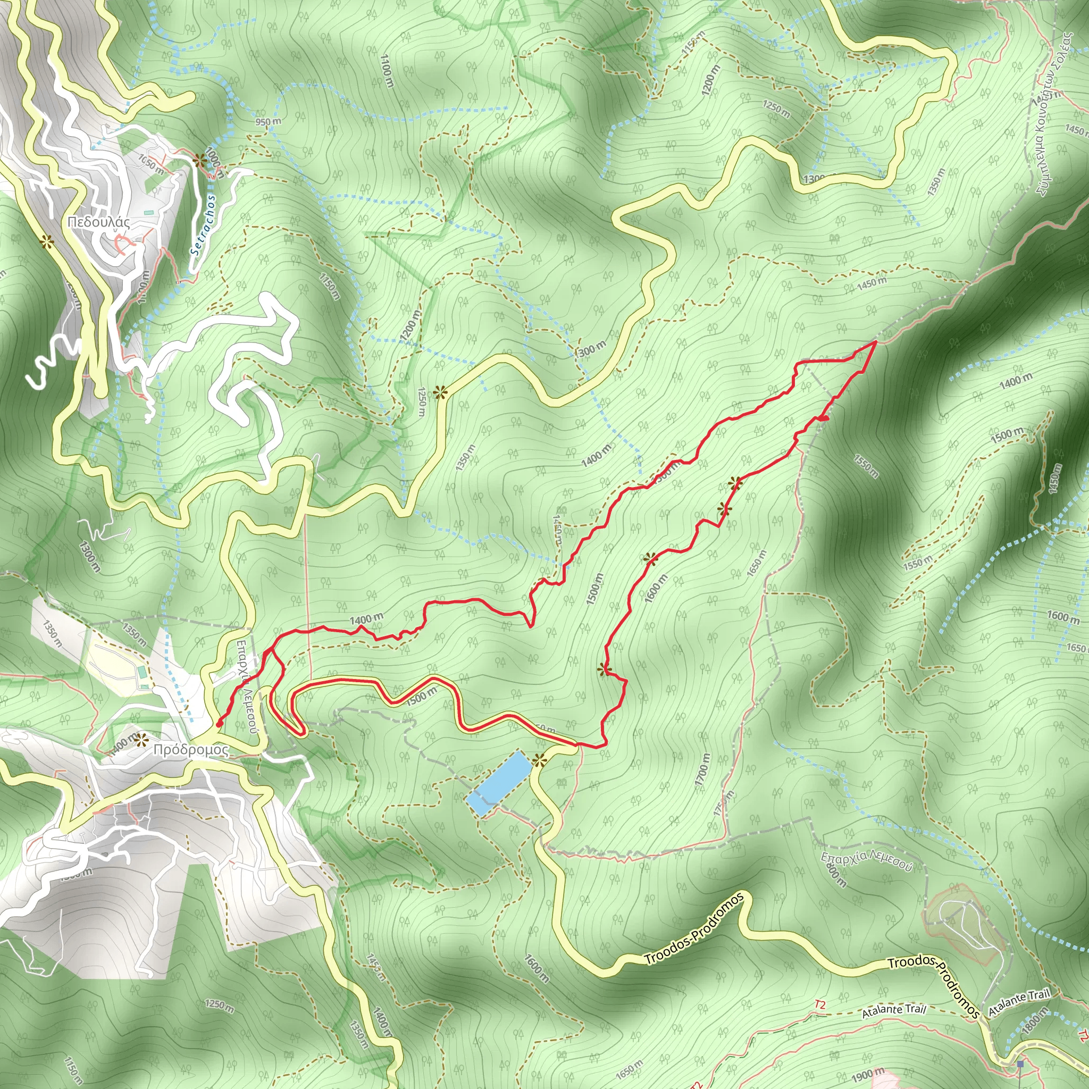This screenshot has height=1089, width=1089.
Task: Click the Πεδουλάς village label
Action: click(99, 222)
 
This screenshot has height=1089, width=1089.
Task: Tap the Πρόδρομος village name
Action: click(191, 750)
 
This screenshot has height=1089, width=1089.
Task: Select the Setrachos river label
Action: click(204, 225)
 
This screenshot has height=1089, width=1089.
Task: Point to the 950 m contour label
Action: click(268, 122)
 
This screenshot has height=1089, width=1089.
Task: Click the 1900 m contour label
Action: click(867, 1075)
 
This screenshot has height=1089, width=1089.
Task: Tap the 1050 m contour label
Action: click(151, 164)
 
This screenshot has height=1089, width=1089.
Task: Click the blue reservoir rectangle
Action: click(499, 783)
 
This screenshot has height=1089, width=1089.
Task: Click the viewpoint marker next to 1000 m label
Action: click(199, 160)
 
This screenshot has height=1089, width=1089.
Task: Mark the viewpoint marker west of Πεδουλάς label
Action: click(47, 242)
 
